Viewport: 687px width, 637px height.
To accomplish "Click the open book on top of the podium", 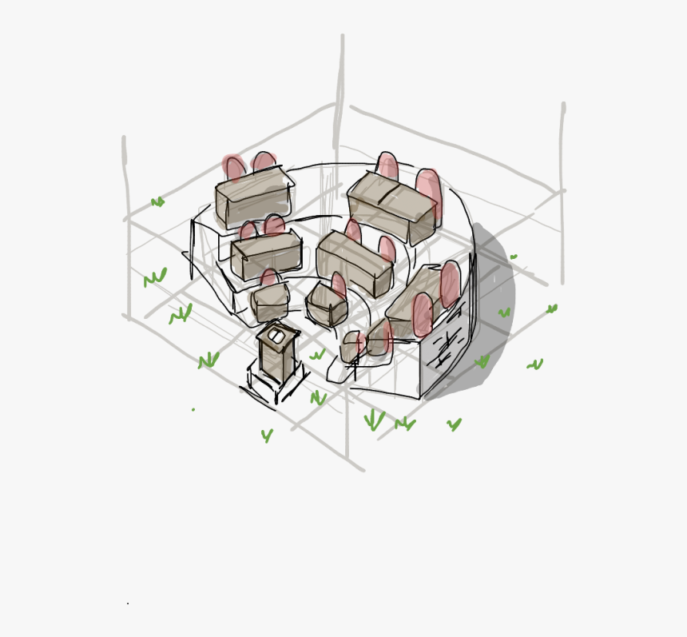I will tap(276, 336).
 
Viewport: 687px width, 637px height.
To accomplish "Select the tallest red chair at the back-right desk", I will tap(428, 192).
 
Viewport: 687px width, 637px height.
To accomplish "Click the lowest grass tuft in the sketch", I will tap(267, 436).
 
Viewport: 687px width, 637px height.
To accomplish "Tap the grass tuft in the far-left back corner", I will tap(157, 202).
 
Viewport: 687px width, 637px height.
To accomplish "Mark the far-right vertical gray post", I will tap(563, 192).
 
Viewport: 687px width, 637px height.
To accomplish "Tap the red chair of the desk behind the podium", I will tap(270, 278).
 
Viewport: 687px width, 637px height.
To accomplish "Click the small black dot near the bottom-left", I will tap(127, 603).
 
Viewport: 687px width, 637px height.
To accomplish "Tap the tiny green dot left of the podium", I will tap(193, 409).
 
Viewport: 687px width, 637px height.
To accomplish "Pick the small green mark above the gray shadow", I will tap(514, 257).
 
